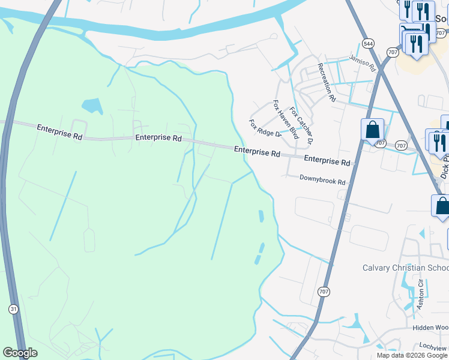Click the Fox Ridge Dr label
tap(265, 128)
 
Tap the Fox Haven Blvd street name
tap(286, 119)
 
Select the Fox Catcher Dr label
tap(302, 127)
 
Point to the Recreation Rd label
tap(326, 82)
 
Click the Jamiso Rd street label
tap(362, 61)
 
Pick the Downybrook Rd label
tap(323, 181)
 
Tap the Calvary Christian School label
tap(405, 268)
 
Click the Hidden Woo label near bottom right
tap(430, 328)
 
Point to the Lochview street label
tap(433, 347)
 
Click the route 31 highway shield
tap(13, 308)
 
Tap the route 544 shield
tap(367, 44)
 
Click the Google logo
tap(20, 353)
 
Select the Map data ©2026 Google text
tap(412, 355)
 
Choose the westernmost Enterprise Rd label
tap(59, 132)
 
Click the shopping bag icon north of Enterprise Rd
tap(372, 129)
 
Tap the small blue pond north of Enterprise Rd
tap(92, 106)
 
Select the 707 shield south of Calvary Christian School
tap(324, 292)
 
